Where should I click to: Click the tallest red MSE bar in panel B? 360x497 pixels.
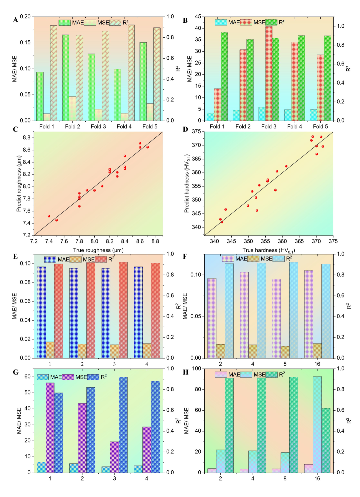coord(269,73)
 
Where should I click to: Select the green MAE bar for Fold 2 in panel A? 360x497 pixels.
coord(66,78)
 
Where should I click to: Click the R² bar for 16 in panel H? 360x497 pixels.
coord(326,441)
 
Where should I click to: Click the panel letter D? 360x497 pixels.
coord(185,129)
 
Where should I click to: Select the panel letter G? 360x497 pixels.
coord(16,373)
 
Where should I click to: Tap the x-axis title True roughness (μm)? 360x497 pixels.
coord(98,250)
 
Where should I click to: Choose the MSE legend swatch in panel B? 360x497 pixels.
coord(246,22)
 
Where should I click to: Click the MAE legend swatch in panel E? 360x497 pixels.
coord(50,260)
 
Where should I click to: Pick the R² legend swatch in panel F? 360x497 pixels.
coord(278,259)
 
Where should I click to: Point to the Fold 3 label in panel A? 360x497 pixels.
coord(98,126)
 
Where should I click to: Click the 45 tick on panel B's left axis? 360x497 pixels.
coord(198,17)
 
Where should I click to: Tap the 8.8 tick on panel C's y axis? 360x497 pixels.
coord(27,138)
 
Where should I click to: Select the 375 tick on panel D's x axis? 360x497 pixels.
coord(333,241)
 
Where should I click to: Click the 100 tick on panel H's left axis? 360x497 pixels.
coord(197,369)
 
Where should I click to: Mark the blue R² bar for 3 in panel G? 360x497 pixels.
coord(123,425)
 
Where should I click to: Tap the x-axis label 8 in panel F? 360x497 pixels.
coord(285,364)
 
